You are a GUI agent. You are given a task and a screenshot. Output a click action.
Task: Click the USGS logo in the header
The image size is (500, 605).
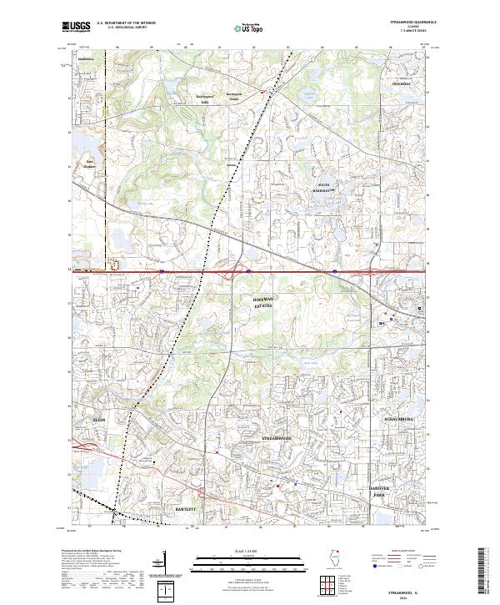(77, 27)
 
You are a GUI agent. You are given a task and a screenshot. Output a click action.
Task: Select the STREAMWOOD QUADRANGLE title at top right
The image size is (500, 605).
(412, 22)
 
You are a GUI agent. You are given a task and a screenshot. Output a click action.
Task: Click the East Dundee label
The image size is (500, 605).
(89, 163)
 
